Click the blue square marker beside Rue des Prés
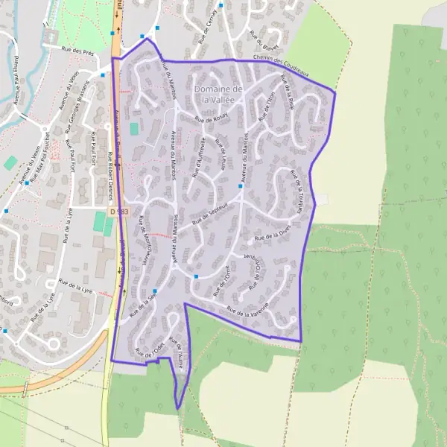(103, 74)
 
